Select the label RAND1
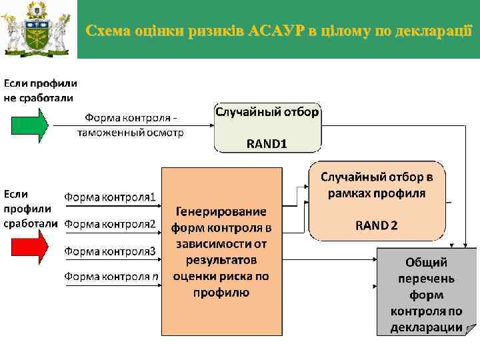267,143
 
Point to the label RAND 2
377,225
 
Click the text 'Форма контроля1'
110,197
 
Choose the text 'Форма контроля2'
110,223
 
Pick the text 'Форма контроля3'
110,251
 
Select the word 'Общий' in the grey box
427,262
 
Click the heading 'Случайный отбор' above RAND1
267,112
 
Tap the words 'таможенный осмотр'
131,132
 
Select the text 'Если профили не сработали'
40,91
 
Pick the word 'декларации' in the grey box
427,327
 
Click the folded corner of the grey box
471,328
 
